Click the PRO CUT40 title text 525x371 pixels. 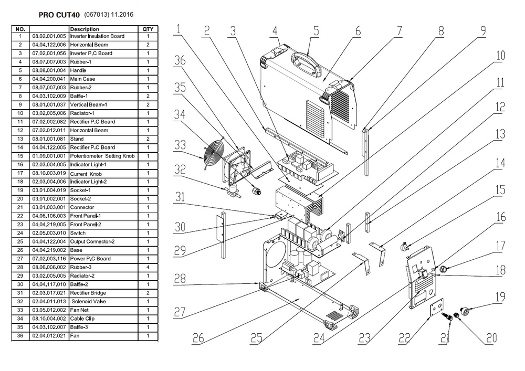[x=59, y=15]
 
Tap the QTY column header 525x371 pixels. [x=148, y=29]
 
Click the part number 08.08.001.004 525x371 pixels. [x=49, y=70]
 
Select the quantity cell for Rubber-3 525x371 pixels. [x=148, y=267]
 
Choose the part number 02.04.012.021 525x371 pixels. [x=49, y=336]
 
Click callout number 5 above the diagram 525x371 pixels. [x=316, y=30]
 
